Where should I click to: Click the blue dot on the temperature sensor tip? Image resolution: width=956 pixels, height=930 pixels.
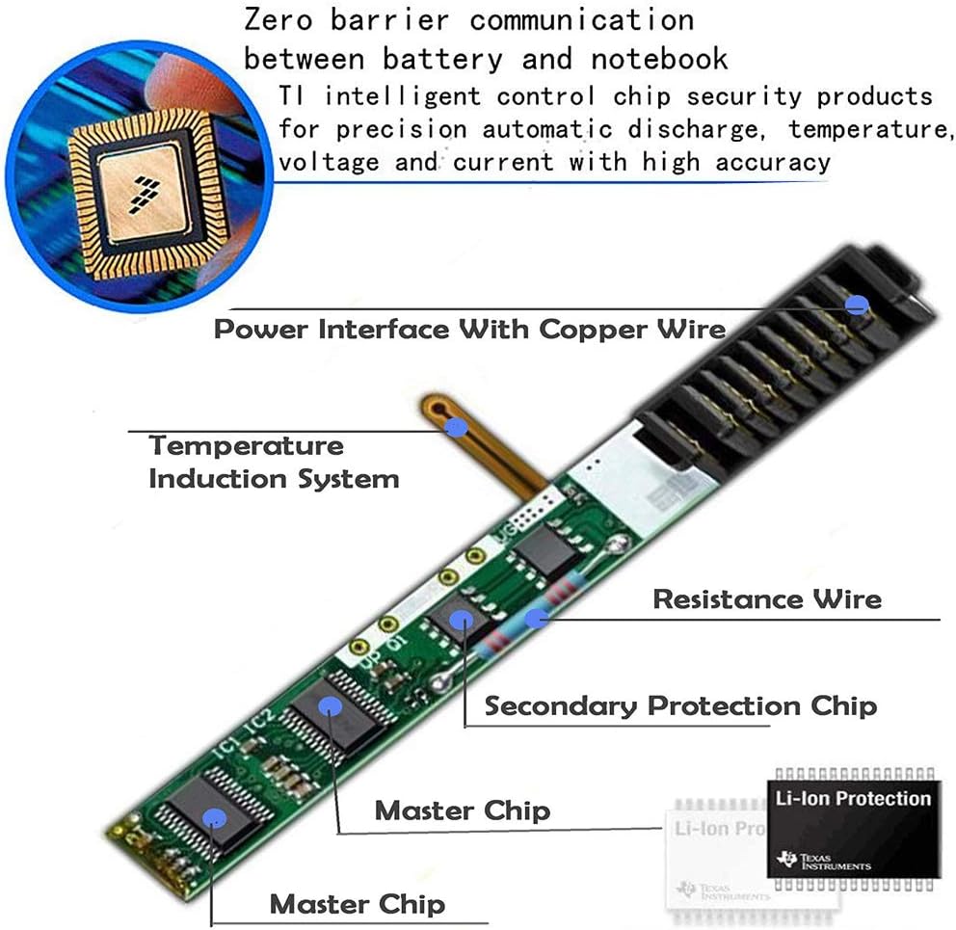point(456,428)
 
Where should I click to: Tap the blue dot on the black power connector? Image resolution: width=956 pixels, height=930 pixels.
point(858,304)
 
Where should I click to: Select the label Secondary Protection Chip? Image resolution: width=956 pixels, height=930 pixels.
point(680,706)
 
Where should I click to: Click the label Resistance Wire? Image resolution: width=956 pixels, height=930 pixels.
point(767,599)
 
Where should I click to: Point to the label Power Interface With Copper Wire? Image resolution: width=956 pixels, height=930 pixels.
point(470,330)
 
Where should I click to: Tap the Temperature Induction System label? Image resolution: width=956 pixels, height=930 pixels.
point(274,463)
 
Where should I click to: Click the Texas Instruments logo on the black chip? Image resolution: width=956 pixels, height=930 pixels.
point(824,860)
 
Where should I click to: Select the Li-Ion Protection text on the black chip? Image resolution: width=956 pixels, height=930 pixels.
point(853,798)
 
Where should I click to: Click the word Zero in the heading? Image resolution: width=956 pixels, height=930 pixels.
point(279,20)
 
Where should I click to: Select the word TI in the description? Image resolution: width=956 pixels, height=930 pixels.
point(291,96)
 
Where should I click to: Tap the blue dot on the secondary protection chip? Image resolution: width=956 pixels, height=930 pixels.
point(462,621)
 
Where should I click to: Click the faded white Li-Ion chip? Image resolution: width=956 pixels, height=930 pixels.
point(716,860)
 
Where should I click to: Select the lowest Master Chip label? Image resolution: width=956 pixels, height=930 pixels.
point(358,904)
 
